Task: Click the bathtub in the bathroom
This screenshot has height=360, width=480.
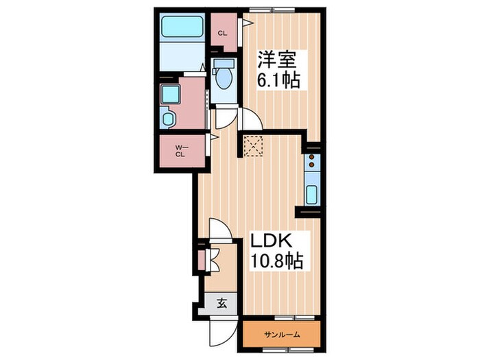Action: [x=182, y=26]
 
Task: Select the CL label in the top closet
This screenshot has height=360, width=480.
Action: [x=223, y=34]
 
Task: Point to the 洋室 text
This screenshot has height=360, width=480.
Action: [x=277, y=60]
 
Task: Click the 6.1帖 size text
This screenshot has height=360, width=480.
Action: [x=278, y=80]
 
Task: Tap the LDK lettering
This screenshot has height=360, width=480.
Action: [x=271, y=241]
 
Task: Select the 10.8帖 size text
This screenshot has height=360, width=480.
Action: [x=277, y=261]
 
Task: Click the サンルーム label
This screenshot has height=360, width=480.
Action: [x=282, y=335]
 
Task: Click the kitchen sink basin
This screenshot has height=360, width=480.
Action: [x=312, y=195]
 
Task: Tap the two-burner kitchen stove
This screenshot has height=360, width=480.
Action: [x=312, y=161]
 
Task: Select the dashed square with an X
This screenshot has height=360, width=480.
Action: [x=253, y=146]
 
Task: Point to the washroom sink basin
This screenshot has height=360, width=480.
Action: [x=168, y=119]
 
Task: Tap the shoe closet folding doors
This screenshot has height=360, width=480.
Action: [x=213, y=260]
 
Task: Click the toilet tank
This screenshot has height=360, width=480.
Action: [x=224, y=64]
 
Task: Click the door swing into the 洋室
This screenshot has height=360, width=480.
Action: [x=251, y=119]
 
